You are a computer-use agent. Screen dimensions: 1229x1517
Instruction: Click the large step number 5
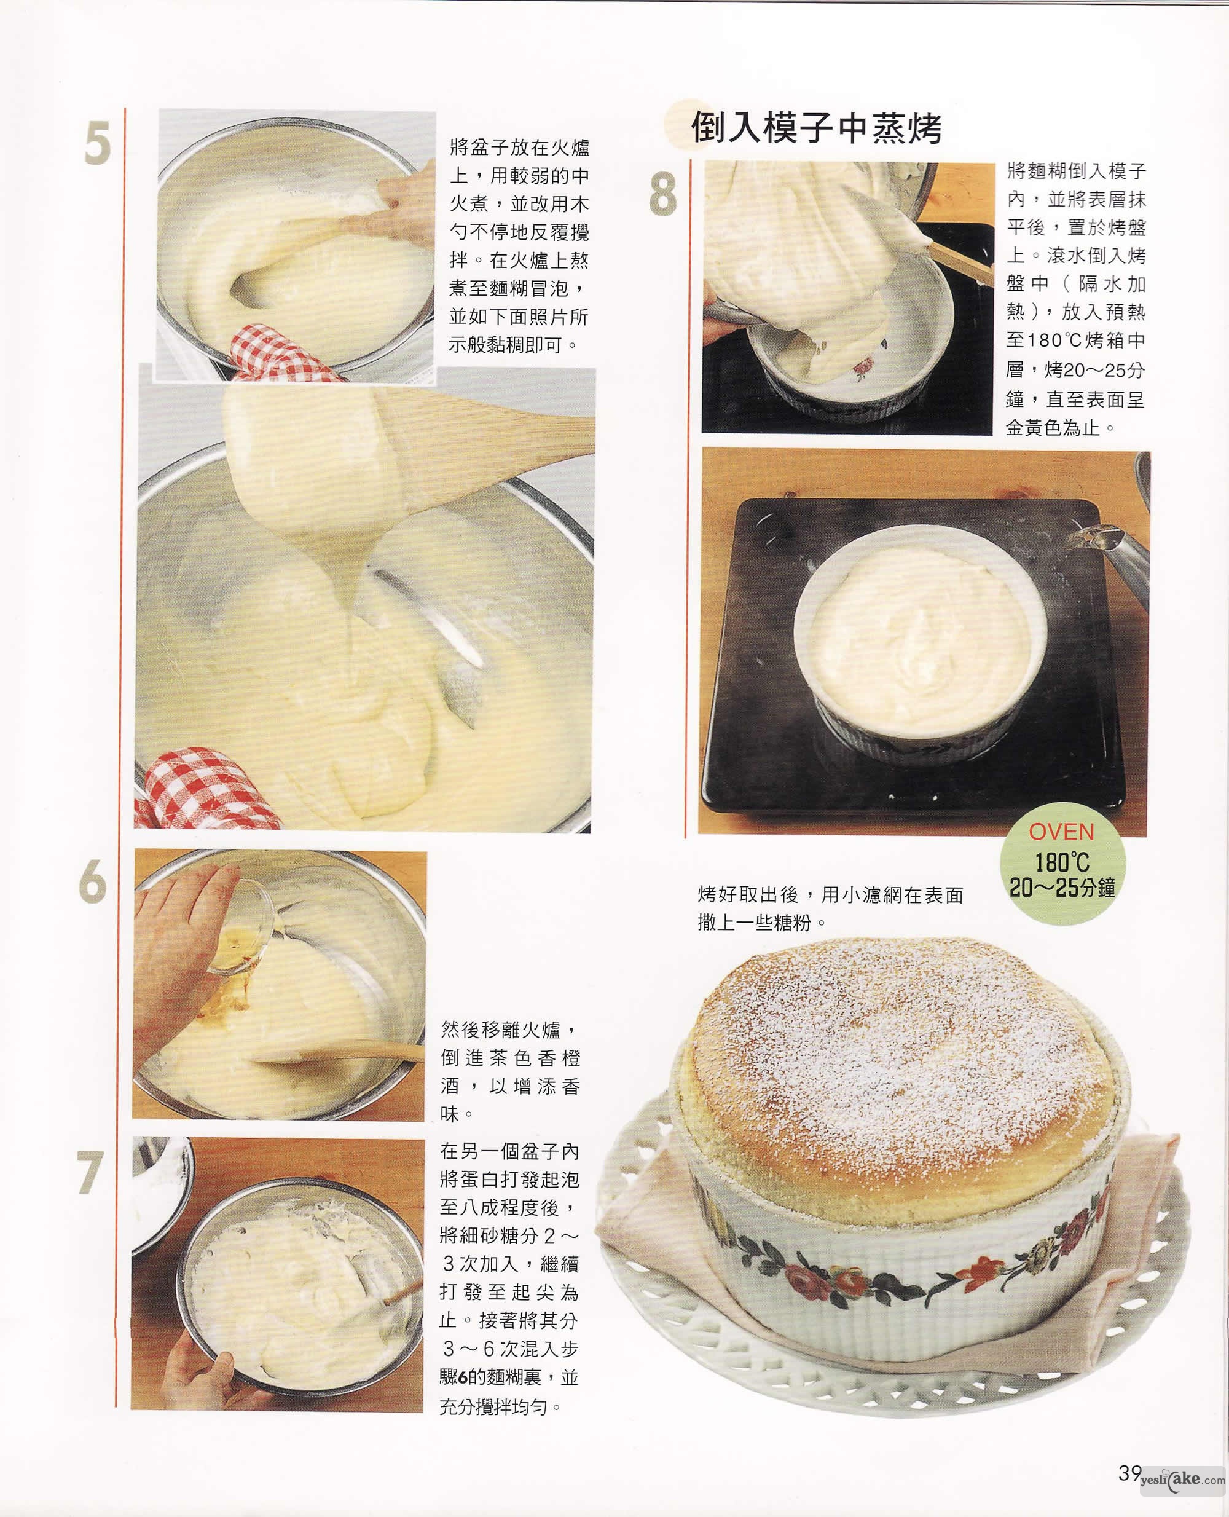tap(98, 143)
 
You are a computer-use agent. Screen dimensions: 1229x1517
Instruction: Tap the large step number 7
tap(90, 1173)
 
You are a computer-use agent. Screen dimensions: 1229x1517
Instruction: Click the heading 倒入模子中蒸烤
tap(816, 128)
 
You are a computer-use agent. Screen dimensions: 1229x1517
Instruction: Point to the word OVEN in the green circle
tap(1061, 832)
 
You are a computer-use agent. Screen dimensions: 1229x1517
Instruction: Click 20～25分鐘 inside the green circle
tap(1062, 888)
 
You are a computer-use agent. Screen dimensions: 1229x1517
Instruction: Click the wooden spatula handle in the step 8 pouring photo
tap(959, 259)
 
